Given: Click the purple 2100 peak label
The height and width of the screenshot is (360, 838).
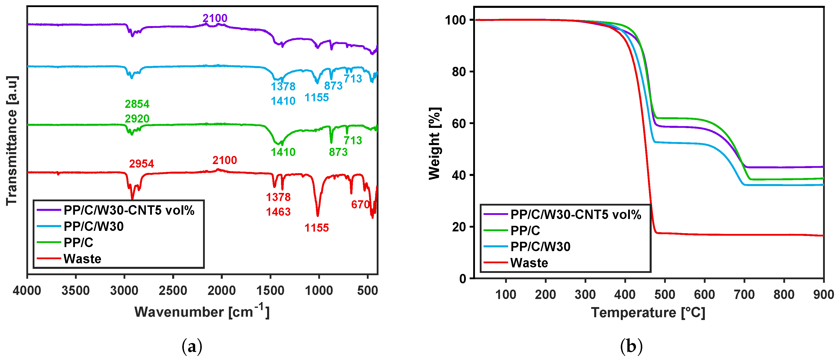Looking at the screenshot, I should pyautogui.click(x=215, y=18).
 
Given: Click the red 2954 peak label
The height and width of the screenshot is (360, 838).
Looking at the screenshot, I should pyautogui.click(x=141, y=164).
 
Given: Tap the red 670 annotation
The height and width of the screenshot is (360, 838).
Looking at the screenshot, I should pyautogui.click(x=360, y=204).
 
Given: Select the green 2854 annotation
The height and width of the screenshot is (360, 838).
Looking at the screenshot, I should pyautogui.click(x=137, y=104).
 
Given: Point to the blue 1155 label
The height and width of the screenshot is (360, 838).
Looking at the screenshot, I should pyautogui.click(x=316, y=97).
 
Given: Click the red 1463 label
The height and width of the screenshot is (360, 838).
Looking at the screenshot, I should pyautogui.click(x=278, y=212).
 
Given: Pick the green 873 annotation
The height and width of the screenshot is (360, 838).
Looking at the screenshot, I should pyautogui.click(x=338, y=152).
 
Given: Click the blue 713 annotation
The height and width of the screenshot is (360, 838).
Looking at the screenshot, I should pyautogui.click(x=353, y=78).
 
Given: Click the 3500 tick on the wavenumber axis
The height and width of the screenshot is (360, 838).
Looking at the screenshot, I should pyautogui.click(x=75, y=290).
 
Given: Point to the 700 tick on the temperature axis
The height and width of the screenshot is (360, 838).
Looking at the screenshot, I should pyautogui.click(x=744, y=295).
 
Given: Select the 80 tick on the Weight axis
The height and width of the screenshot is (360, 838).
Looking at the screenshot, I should pyautogui.click(x=459, y=72).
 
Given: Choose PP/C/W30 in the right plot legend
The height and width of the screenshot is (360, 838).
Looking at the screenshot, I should pyautogui.click(x=540, y=247).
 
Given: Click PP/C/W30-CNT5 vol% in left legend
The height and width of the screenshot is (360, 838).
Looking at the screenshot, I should pyautogui.click(x=129, y=210).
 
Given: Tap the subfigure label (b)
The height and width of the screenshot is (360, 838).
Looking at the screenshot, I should pyautogui.click(x=631, y=347).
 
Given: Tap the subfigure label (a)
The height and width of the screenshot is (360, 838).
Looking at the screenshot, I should pyautogui.click(x=192, y=347).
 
